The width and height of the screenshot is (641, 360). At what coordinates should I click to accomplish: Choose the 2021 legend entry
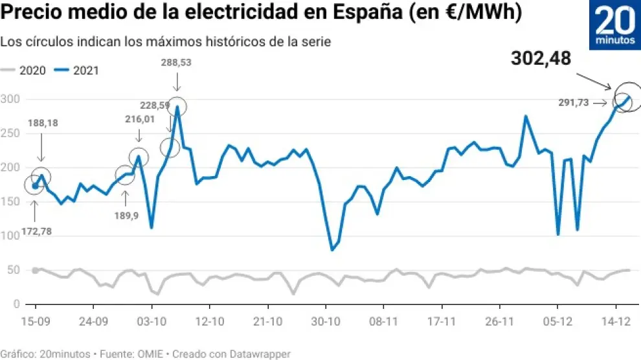click(x=77, y=71)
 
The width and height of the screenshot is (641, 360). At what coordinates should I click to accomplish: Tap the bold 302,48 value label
click(x=541, y=59)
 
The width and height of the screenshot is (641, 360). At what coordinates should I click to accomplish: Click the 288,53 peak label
click(x=176, y=62)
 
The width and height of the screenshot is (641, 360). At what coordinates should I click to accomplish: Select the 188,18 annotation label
click(x=43, y=123)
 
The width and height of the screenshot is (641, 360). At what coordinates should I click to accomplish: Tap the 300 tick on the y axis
click(x=12, y=99)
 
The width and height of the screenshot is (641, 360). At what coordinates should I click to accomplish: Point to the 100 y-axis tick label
click(x=12, y=236)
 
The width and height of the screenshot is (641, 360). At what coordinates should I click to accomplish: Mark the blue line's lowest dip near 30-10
click(x=332, y=250)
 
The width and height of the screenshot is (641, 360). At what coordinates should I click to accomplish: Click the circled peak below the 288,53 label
click(x=177, y=107)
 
